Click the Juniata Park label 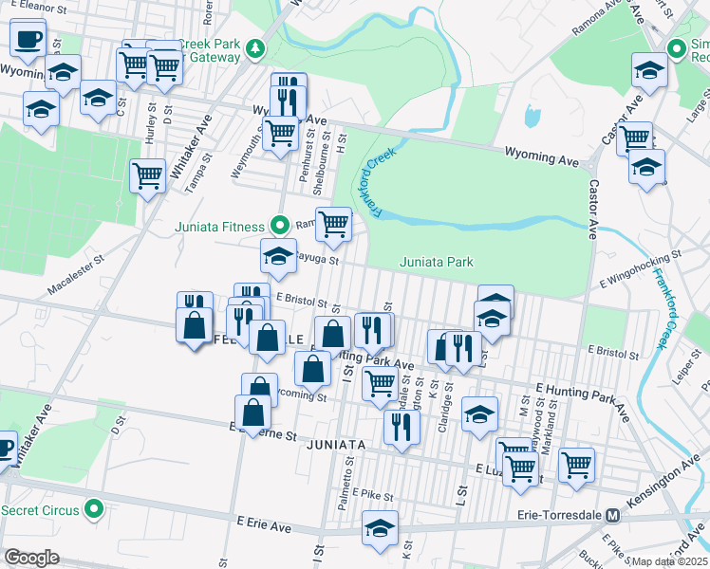[x=437, y=262]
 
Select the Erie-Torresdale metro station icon [x=613, y=516]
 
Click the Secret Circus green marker [x=93, y=509]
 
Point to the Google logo [x=31, y=558]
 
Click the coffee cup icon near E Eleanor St [x=28, y=39]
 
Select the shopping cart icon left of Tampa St [x=147, y=175]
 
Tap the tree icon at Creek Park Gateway [x=254, y=48]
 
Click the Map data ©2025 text [x=670, y=561]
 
